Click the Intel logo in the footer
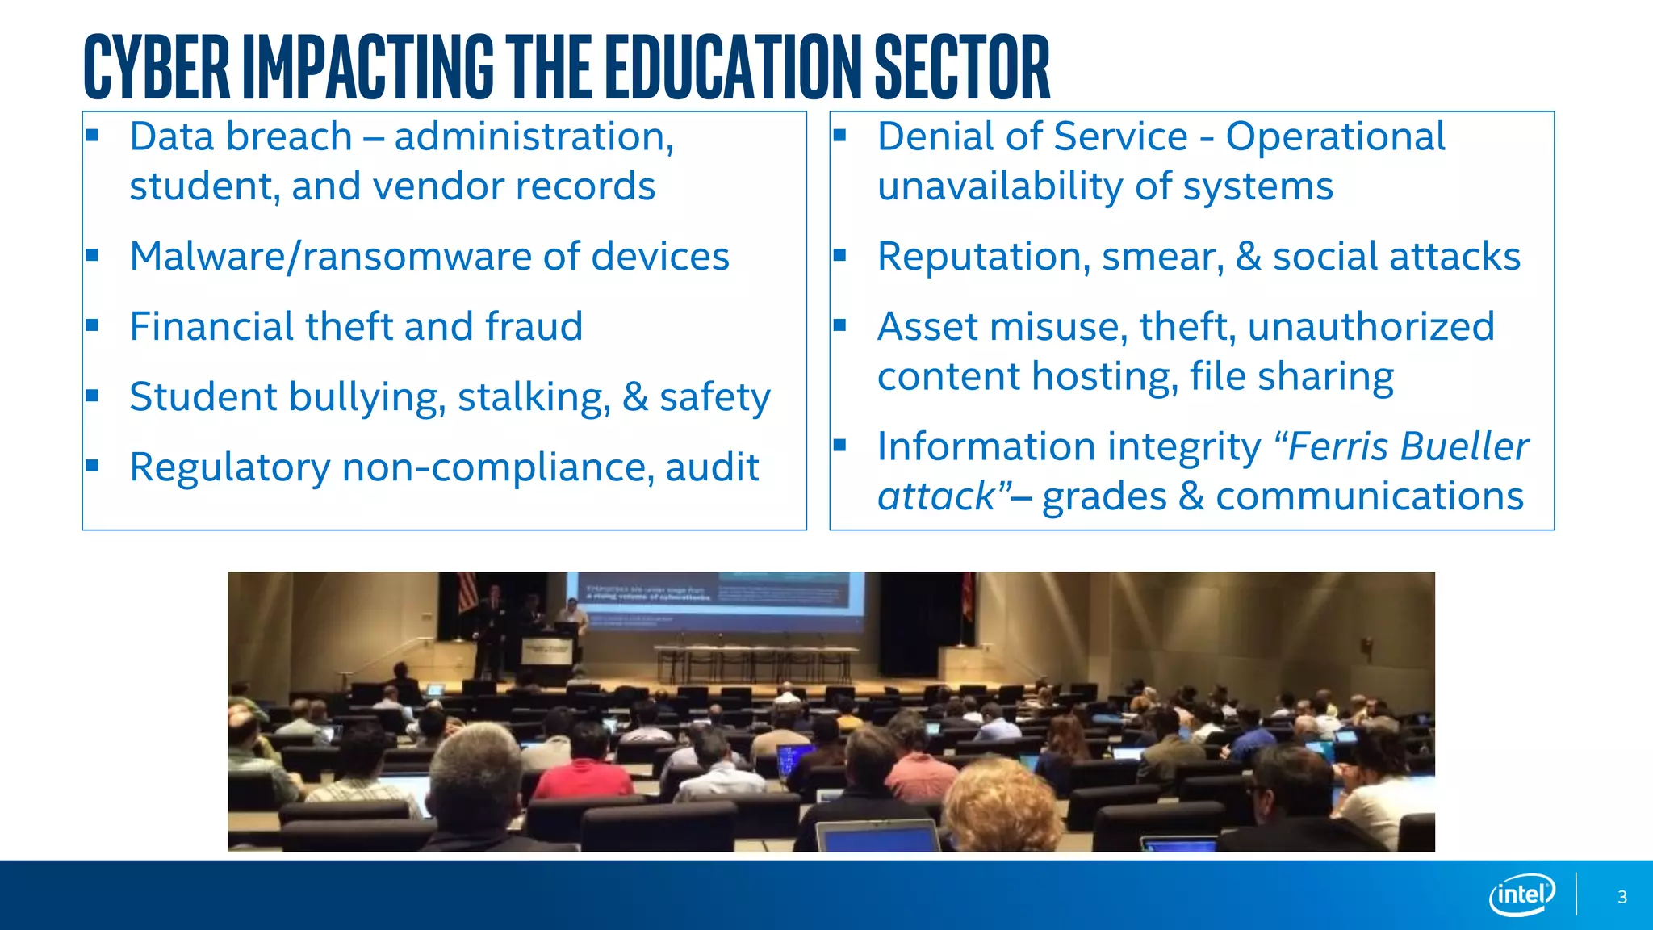(1521, 894)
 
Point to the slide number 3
(1622, 897)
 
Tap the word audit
(712, 467)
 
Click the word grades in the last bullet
(1104, 496)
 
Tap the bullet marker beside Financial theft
(92, 325)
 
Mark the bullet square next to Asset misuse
(839, 325)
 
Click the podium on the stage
(547, 658)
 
